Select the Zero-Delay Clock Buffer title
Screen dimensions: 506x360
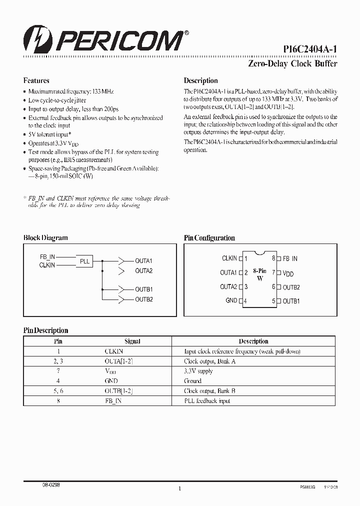pos(292,63)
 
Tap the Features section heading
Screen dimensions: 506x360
pos(36,80)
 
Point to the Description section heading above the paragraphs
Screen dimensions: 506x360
pos(200,80)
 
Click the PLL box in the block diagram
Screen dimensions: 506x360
pos(85,261)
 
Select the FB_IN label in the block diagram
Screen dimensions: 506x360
pos(47,256)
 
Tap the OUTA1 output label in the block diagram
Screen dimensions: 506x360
pos(143,261)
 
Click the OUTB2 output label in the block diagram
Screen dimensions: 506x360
pos(143,299)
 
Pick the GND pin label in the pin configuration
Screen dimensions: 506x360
pos(231,300)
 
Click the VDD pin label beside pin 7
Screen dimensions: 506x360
pos(288,273)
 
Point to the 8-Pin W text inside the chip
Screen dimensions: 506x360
pos(259,274)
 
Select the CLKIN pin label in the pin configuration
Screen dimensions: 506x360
pos(229,258)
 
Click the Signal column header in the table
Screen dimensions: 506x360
pos(132,341)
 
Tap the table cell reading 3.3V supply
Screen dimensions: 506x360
pos(198,371)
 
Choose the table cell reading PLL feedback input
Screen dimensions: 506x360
pos(207,401)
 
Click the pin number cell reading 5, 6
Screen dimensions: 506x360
pos(58,391)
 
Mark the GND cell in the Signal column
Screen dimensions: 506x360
pos(111,381)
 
